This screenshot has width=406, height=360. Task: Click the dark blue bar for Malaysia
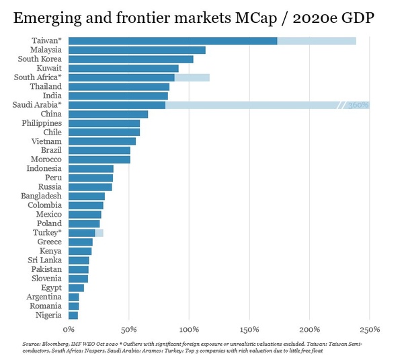click(137, 50)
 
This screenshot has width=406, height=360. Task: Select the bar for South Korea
click(131, 59)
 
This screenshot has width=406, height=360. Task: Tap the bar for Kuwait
click(124, 68)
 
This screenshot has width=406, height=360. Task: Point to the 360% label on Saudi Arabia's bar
click(358, 105)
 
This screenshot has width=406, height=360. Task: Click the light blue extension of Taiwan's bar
click(317, 41)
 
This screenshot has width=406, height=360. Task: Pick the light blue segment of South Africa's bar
click(192, 77)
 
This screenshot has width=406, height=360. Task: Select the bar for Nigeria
click(73, 315)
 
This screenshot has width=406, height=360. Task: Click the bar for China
click(108, 114)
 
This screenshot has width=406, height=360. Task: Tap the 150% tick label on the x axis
click(249, 330)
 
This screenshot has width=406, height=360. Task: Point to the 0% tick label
click(69, 330)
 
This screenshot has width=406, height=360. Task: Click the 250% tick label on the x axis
click(370, 330)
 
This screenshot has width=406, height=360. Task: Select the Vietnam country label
click(46, 141)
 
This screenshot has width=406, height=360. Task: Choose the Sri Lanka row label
click(45, 260)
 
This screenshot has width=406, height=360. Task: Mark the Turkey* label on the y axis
click(47, 232)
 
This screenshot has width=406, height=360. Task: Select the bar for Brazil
click(99, 151)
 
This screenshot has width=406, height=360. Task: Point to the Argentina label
click(44, 297)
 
